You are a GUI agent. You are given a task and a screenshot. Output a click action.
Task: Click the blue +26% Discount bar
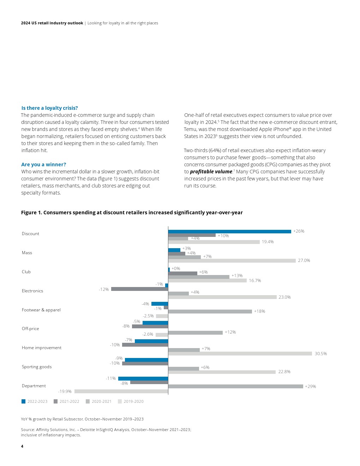coord(229,232)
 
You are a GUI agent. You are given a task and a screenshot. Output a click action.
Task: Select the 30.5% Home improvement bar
coord(240,353)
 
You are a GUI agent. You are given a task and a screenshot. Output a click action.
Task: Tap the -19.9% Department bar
coord(121,391)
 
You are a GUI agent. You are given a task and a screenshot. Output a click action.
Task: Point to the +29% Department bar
coord(235,386)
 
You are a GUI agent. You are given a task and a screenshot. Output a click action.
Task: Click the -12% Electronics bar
coord(139,289)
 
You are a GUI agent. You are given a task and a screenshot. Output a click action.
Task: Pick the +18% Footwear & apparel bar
coord(210,311)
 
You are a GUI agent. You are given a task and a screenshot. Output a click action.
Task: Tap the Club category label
coord(26,272)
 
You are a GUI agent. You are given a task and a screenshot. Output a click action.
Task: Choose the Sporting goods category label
coord(37,367)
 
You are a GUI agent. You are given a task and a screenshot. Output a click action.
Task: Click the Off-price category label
coord(30,329)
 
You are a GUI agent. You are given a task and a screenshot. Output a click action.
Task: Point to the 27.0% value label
coord(304,261)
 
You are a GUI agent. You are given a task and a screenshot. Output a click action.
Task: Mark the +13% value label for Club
coord(237,276)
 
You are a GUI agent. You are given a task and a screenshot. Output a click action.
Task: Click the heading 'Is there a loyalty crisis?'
coord(49,108)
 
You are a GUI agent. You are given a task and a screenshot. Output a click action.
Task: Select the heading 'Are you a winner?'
coord(43,165)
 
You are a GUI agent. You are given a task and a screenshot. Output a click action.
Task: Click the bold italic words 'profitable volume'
coord(211,172)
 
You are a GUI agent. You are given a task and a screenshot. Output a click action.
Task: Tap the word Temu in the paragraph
coord(190,129)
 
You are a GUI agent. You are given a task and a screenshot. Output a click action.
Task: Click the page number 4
coord(22,446)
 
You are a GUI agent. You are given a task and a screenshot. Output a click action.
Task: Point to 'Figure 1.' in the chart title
coord(31,213)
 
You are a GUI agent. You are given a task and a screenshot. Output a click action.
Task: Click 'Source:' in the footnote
coord(28,430)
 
